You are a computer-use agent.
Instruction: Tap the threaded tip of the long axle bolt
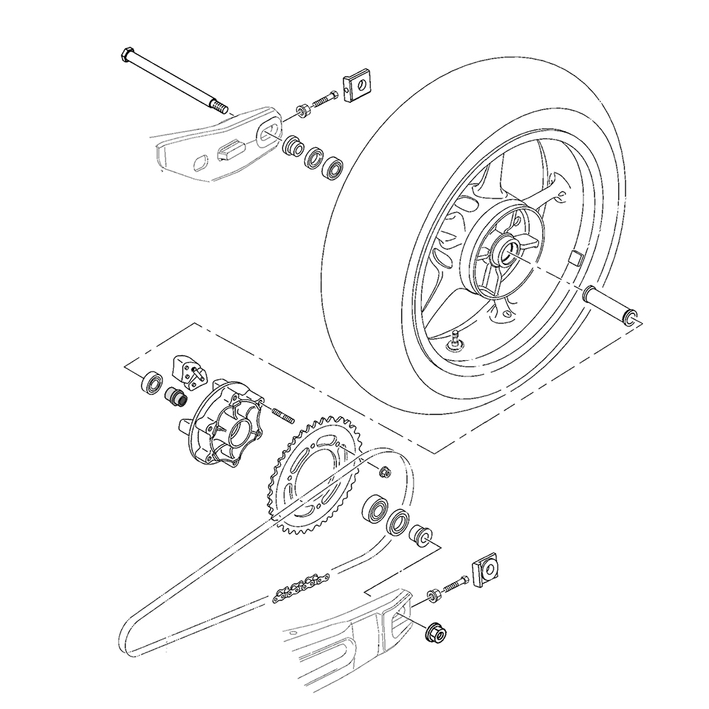[x=220, y=108]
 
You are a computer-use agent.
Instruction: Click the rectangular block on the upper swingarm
[x=230, y=148]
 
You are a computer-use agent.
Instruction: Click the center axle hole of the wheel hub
[x=508, y=252]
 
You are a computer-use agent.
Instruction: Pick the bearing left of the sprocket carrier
[x=151, y=384]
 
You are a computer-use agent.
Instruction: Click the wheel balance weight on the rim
[x=576, y=257]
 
